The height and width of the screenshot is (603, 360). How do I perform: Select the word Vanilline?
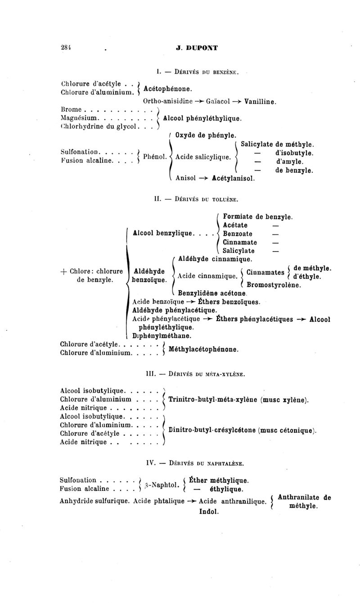pos(260,102)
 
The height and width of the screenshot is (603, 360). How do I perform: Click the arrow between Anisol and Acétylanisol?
pos(205,178)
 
